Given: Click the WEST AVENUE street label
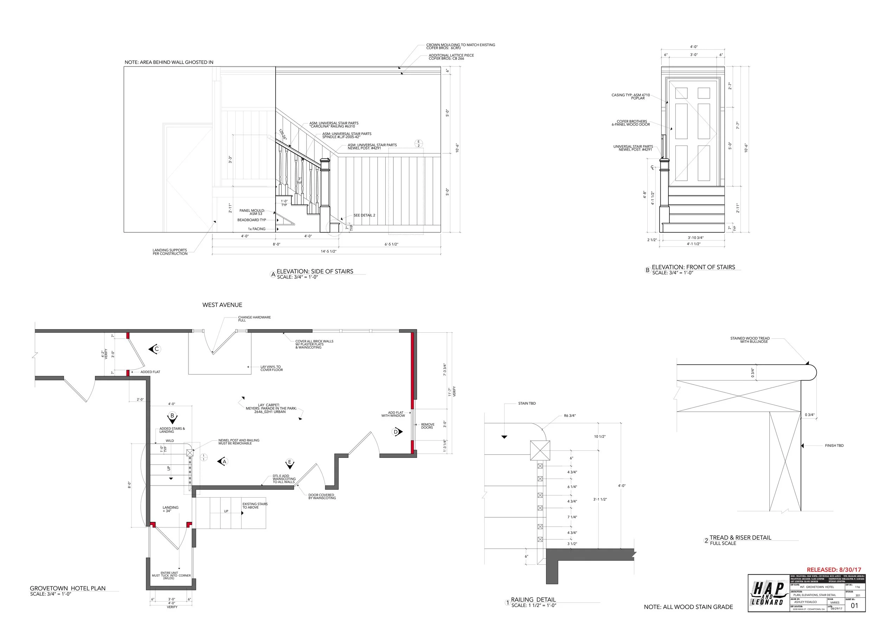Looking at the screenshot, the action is pyautogui.click(x=222, y=305).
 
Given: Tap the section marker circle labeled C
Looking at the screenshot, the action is pyautogui.click(x=156, y=349).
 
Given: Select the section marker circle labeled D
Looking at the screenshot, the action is pyautogui.click(x=396, y=432).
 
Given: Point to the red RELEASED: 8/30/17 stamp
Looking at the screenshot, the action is pyautogui.click(x=834, y=570).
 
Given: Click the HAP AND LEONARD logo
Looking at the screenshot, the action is pyautogui.click(x=768, y=594).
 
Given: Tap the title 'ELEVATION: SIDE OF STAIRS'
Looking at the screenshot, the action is pyautogui.click(x=315, y=271).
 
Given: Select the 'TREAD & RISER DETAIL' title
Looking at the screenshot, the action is pyautogui.click(x=740, y=538).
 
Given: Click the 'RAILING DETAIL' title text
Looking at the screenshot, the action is pyautogui.click(x=533, y=600).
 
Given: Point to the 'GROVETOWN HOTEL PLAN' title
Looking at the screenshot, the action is pyautogui.click(x=68, y=588).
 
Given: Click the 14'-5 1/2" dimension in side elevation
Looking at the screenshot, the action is pyautogui.click(x=328, y=251).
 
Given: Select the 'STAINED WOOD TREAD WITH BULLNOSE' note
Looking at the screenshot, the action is pyautogui.click(x=750, y=340).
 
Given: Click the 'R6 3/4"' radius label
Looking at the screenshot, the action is pyautogui.click(x=570, y=416).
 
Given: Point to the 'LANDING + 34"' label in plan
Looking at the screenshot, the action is pyautogui.click(x=170, y=509).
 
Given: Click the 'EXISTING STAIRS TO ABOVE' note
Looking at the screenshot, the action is pyautogui.click(x=255, y=505).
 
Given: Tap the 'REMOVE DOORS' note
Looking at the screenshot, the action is pyautogui.click(x=427, y=426).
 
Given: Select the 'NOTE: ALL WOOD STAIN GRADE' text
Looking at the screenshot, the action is pyautogui.click(x=688, y=607).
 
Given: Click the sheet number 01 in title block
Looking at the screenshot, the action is pyautogui.click(x=854, y=605).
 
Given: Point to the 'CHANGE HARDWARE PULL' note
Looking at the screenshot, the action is pyautogui.click(x=254, y=319).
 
